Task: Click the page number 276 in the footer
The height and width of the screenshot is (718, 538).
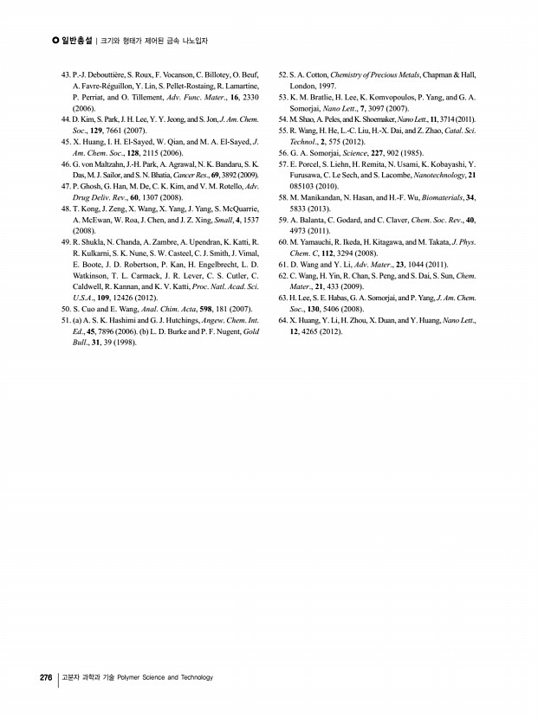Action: [46, 677]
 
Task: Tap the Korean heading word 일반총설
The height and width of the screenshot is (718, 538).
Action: [77, 41]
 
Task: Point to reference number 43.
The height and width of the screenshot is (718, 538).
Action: [66, 76]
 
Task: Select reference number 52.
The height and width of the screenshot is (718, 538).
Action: [283, 76]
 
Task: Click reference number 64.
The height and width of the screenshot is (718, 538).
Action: [283, 320]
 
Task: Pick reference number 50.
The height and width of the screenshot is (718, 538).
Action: [66, 309]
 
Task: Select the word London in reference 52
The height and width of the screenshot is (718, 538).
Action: [303, 87]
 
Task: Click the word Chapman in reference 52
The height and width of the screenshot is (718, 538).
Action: [438, 76]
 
